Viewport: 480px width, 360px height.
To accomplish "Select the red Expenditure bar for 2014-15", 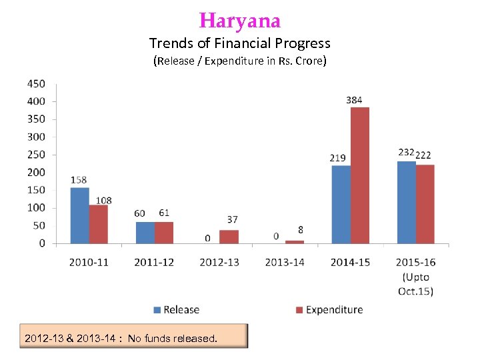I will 359,175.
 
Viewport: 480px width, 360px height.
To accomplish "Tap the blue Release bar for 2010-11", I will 79,215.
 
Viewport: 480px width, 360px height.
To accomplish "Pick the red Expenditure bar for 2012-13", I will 229,237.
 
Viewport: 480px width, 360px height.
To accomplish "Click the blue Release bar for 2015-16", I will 406,202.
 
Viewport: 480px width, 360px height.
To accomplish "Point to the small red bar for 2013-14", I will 294,241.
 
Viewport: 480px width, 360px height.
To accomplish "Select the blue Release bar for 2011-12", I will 145,233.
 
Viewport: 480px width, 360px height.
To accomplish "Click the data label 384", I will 354,100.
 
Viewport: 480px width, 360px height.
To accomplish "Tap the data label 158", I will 79,180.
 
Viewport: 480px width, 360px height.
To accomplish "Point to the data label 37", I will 232,219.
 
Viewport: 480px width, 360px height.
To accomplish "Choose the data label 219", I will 337,158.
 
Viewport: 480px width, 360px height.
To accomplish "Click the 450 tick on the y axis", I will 36,84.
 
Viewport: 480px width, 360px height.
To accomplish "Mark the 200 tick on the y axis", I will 36,173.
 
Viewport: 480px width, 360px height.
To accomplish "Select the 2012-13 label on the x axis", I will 219,262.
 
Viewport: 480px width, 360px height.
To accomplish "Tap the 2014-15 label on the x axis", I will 350,262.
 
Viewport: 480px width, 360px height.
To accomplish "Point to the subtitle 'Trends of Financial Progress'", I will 240,44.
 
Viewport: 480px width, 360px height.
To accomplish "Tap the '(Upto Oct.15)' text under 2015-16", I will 416,284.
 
